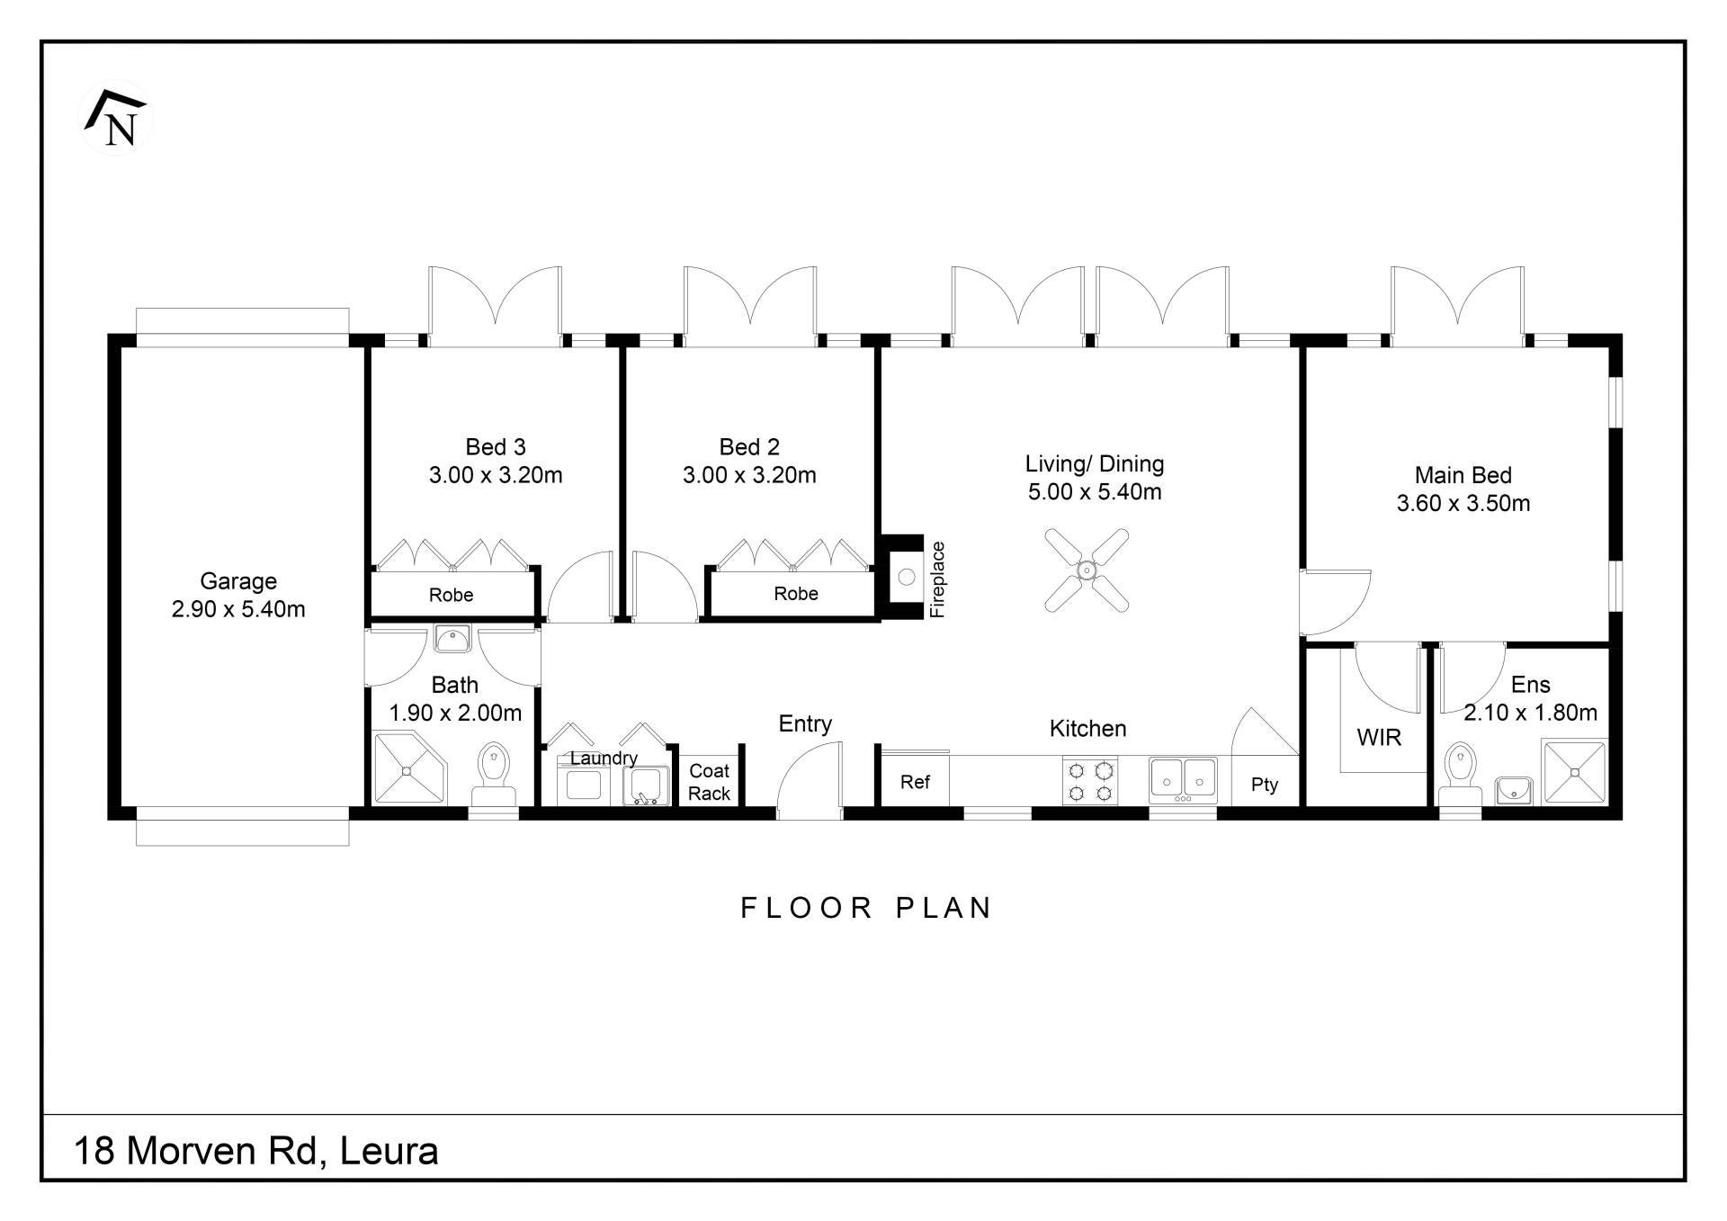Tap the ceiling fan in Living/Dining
click(x=1087, y=570)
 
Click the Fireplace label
click(x=937, y=579)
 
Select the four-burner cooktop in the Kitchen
click(x=1089, y=781)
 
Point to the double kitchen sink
click(x=1183, y=780)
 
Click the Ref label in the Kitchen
click(x=915, y=783)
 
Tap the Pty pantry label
click(x=1265, y=785)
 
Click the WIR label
click(x=1379, y=738)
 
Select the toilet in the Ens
click(x=1459, y=775)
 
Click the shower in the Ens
click(x=1574, y=771)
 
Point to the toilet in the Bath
click(x=493, y=774)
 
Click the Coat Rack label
click(x=709, y=782)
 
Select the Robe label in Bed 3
click(x=451, y=595)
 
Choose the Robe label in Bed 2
click(x=796, y=594)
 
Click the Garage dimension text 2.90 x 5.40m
click(x=238, y=609)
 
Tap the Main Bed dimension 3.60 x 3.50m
click(x=1463, y=503)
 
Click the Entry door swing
click(x=810, y=780)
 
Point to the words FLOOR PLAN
click(x=866, y=908)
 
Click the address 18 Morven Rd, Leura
click(x=256, y=1151)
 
